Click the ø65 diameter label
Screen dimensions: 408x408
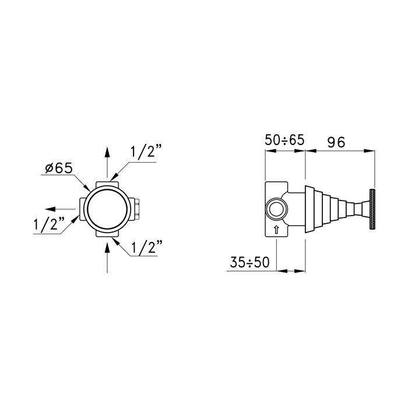59,168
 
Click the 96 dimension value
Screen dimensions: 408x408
336,142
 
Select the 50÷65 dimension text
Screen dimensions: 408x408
284,140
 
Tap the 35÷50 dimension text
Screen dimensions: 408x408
249,262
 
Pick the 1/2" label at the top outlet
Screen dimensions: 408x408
146,152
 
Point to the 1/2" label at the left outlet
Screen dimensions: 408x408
49,223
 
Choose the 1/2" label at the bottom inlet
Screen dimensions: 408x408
147,247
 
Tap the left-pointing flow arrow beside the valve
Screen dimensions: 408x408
61,209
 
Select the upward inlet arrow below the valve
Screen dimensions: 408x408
107,258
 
